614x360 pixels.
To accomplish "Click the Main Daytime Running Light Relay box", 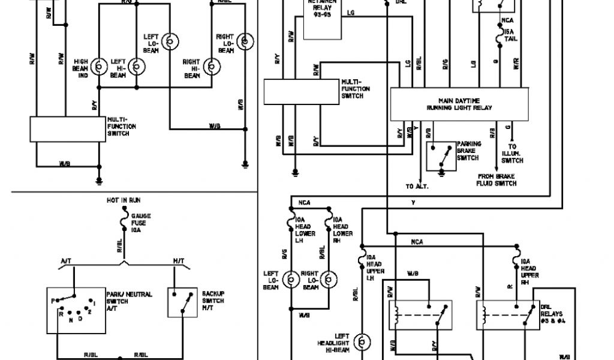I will (459, 104).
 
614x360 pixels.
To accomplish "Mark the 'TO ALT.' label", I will (417, 186).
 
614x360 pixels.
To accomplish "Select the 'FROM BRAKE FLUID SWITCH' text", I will (497, 180).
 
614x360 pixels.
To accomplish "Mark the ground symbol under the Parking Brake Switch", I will (442, 173).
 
